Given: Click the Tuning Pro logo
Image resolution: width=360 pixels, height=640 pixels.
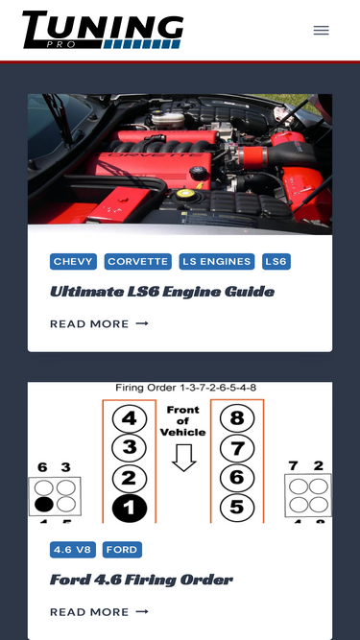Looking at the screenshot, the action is tap(103, 30).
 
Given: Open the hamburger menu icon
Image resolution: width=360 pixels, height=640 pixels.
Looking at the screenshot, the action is tap(322, 30).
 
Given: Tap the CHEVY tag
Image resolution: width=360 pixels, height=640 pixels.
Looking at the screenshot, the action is tap(74, 262).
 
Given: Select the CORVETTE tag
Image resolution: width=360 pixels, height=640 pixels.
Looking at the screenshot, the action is tap(138, 262).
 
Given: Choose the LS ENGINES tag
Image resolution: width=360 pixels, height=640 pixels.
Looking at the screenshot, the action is tap(217, 262).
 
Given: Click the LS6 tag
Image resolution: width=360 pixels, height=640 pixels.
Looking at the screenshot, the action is tap(276, 262).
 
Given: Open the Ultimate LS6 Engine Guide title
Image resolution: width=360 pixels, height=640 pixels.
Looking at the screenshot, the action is tap(162, 292).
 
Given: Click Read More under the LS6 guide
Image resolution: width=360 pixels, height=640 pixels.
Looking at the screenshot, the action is tap(99, 323).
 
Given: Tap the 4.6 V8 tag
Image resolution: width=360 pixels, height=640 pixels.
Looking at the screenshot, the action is tap(73, 550).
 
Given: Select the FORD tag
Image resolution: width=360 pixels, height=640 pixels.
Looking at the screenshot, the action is tap(122, 550).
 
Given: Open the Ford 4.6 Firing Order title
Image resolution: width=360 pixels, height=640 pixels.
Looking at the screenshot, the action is tap(141, 580).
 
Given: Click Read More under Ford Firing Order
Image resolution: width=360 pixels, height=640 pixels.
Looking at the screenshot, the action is tap(99, 612).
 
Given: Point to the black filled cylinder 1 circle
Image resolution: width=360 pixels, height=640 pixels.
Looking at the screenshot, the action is tap(130, 508).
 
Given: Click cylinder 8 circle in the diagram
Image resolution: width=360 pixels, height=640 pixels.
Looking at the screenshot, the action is tap(237, 418).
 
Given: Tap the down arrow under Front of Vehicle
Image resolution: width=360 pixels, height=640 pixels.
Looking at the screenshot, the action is tap(184, 458).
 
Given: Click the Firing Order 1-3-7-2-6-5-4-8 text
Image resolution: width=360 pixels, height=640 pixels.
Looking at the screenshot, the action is tap(185, 388).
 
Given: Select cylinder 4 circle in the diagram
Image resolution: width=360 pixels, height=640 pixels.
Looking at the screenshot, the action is tap(130, 418).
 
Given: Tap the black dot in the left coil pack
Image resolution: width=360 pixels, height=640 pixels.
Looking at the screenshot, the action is tap(44, 505).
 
